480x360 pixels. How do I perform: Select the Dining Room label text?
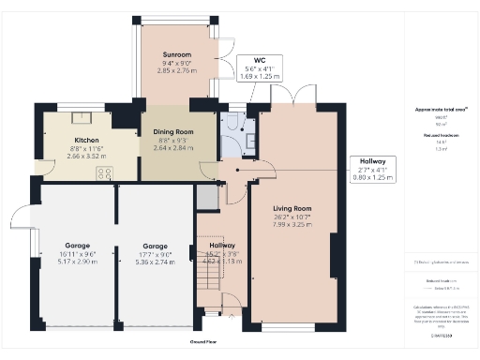coord(172,132)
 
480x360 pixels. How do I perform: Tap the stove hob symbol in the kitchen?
coord(107,173)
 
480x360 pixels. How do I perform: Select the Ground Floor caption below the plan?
coord(207,342)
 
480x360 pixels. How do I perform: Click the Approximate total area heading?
coord(440,110)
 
